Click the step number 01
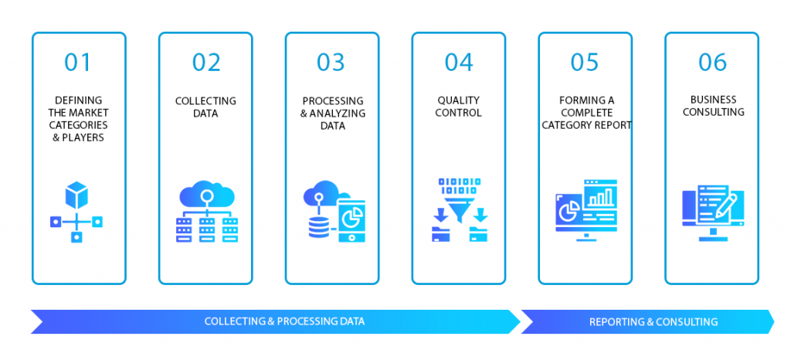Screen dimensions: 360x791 (x=78, y=63)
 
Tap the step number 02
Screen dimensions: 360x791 (x=205, y=63)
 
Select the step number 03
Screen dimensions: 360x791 (x=331, y=63)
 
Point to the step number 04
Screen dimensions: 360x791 (x=458, y=63)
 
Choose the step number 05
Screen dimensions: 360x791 (x=585, y=63)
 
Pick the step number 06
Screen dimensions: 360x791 (x=712, y=63)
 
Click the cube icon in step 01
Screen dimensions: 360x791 (x=76, y=195)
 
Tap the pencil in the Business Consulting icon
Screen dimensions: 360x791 (x=726, y=205)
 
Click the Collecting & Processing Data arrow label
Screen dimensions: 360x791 (x=284, y=321)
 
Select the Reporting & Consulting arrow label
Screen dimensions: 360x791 (x=653, y=321)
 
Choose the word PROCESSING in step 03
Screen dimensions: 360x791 (x=331, y=100)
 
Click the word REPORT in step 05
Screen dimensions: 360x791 (x=612, y=124)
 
